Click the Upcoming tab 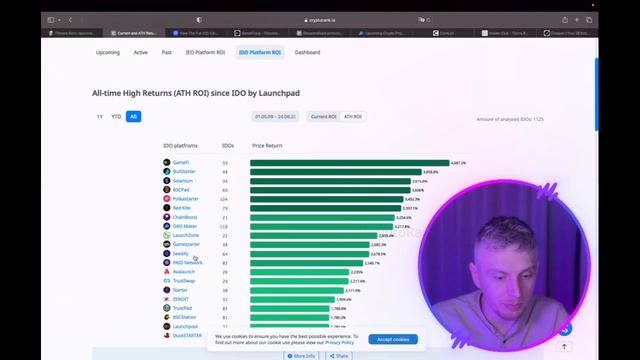(108, 52)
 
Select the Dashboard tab (307, 52)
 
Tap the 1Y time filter (100, 116)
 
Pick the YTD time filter (116, 116)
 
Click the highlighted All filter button (133, 116)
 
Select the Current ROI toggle (324, 116)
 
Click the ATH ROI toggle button (353, 116)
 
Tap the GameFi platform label (180, 162)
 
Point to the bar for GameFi (350, 162)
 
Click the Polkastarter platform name (185, 199)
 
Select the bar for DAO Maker (321, 226)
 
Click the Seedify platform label (180, 253)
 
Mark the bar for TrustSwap (299, 281)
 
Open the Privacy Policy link (339, 342)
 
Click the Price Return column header (267, 146)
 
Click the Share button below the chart (339, 355)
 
